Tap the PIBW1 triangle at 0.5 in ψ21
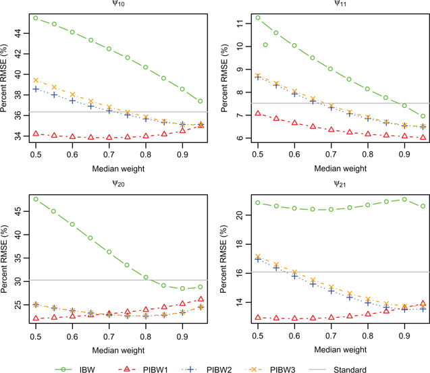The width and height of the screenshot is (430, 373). (257, 317)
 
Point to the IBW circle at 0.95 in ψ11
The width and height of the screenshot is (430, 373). (423, 116)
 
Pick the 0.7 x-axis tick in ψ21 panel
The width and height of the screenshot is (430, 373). (331, 334)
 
